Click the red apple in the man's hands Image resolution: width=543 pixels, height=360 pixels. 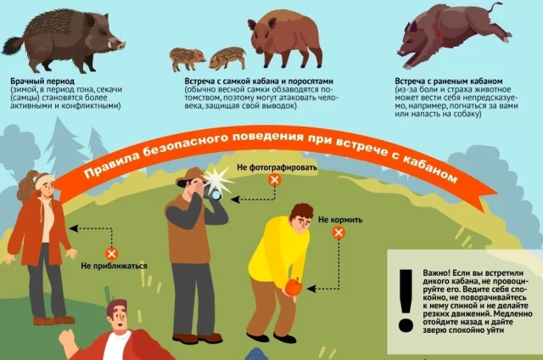(x=294, y=287)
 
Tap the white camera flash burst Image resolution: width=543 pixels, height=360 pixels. (x=217, y=181)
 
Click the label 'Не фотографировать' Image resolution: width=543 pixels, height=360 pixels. (x=277, y=167)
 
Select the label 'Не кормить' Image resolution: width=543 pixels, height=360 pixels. (x=340, y=220)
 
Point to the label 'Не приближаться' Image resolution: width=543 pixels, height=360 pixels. (x=114, y=266)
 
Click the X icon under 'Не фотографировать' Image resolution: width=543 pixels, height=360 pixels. (x=275, y=180)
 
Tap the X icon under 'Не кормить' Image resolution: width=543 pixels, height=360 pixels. (x=339, y=233)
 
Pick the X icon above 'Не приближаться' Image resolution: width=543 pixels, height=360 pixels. (x=111, y=254)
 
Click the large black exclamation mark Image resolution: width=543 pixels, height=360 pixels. (x=406, y=301)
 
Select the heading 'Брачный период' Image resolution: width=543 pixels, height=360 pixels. (x=42, y=82)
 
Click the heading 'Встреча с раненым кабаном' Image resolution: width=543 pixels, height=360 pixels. (x=449, y=82)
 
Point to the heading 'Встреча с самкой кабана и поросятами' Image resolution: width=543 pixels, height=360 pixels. (x=259, y=82)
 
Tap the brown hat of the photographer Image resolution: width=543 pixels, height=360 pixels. (x=191, y=177)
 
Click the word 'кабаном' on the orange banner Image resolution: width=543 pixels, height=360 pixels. (x=430, y=167)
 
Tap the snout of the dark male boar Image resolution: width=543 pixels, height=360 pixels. (x=120, y=45)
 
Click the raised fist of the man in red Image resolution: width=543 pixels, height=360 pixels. (x=66, y=339)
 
